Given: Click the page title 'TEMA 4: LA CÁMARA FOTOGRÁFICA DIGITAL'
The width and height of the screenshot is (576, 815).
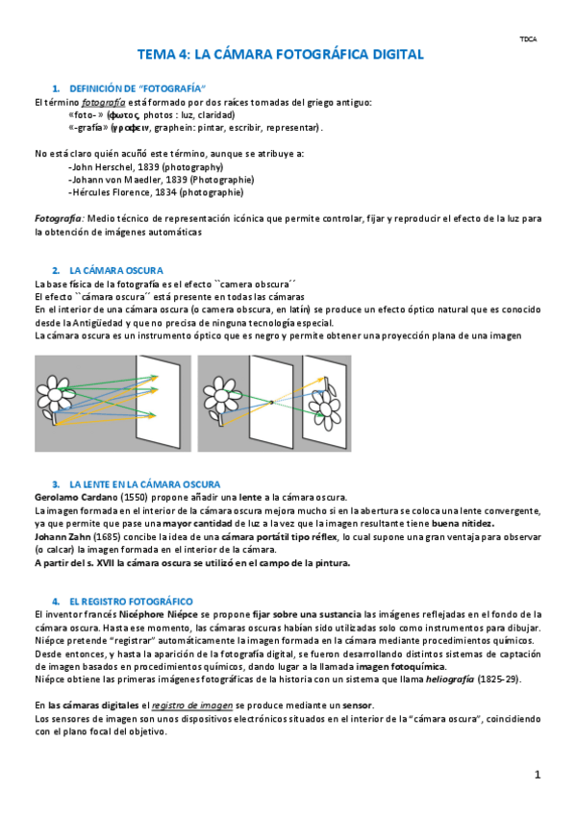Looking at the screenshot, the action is (280, 54).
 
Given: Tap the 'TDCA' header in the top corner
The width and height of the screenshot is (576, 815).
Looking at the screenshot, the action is (528, 39).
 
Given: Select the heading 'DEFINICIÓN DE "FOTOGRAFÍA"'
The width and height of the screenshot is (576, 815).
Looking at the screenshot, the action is (138, 88).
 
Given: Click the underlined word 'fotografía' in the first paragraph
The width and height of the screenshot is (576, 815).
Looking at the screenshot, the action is (104, 103).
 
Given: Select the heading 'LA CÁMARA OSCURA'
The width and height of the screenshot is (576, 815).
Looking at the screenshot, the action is (116, 270).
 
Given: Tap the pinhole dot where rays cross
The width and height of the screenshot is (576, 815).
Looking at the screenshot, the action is (271, 403).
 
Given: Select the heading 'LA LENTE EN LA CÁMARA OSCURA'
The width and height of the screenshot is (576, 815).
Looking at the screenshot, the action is (144, 484).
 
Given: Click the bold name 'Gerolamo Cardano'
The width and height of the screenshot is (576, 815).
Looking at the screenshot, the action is (76, 498).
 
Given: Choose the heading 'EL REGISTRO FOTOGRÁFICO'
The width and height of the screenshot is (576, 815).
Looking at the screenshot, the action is (131, 602).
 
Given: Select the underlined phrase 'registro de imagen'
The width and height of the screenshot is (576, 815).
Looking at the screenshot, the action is (192, 705).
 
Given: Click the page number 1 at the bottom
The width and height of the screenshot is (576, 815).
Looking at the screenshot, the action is (538, 775).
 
